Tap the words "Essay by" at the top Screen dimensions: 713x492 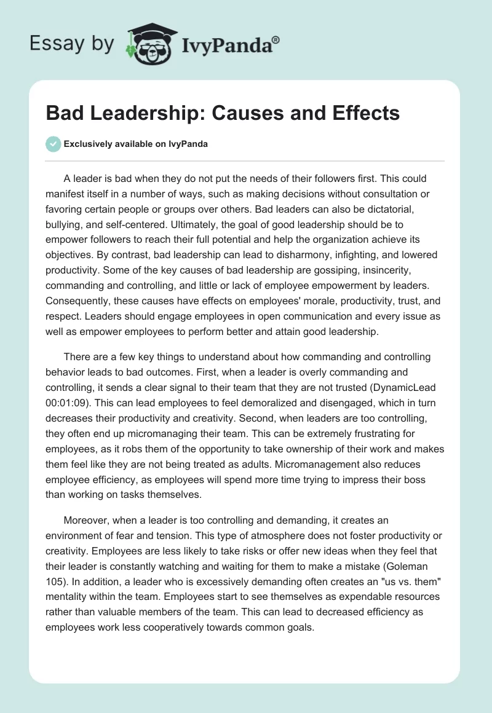[71, 44]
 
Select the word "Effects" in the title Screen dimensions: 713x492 [367, 113]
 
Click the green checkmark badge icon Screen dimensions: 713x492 [54, 144]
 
